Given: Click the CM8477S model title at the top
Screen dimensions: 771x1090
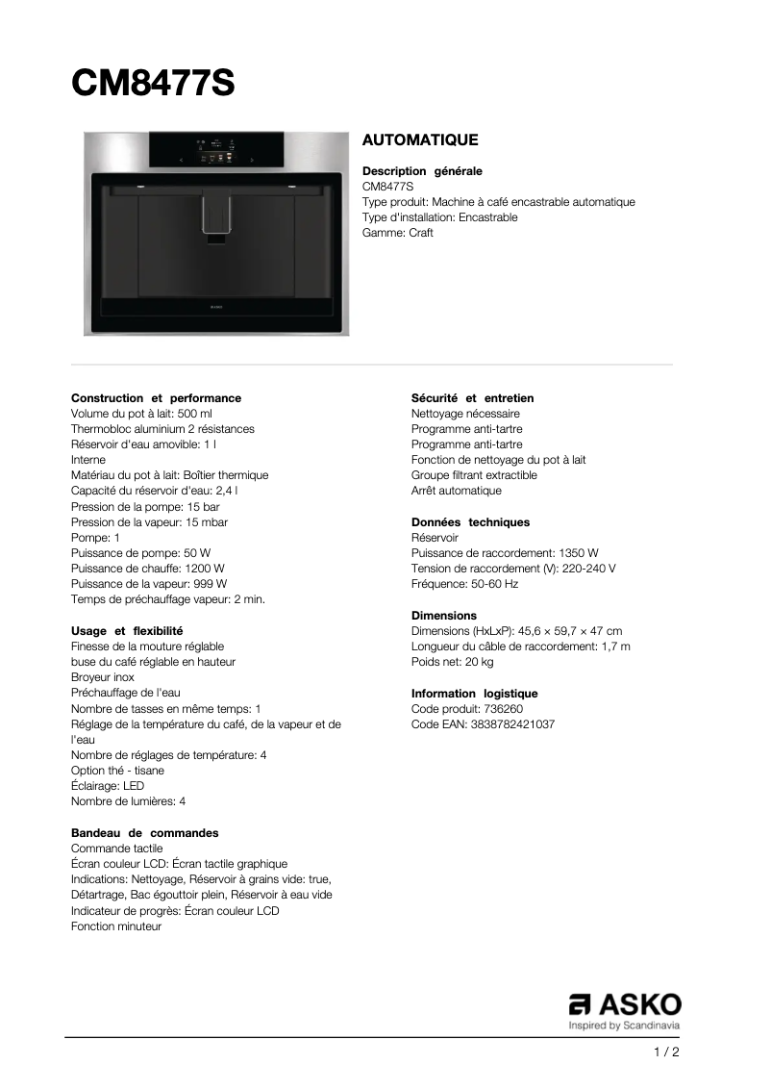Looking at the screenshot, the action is pos(153,84).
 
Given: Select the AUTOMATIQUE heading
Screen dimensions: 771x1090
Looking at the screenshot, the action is pos(419,140).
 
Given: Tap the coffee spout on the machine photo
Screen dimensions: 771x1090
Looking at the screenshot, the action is pos(216,214).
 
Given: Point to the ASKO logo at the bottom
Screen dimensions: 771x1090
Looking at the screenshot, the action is pos(625,1006).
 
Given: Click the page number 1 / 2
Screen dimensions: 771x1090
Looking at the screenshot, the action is pos(666,1052).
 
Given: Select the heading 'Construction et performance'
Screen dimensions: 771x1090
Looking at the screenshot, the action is pos(156,398).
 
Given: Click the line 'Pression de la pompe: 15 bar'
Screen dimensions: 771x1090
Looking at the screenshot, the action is pos(145,506).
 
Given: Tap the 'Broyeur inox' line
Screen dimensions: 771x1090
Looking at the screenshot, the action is pos(103,677).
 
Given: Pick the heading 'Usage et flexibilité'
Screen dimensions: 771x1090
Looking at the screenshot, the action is pos(127,631).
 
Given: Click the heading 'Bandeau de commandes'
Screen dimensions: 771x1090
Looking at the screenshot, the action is pos(144,833).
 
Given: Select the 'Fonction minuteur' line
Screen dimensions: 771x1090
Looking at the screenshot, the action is pos(116,926).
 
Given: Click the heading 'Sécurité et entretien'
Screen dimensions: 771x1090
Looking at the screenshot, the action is pos(472,398).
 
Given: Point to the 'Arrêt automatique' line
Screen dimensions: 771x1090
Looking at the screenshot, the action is pos(456,491).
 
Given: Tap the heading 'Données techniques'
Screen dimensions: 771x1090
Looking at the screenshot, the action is pos(470,522).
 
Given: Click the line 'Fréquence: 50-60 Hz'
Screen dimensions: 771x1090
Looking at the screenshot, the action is pos(464,584).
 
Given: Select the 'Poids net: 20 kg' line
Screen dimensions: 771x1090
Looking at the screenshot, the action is pos(452,662).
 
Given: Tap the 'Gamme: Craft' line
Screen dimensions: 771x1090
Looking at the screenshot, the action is pos(397,233).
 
